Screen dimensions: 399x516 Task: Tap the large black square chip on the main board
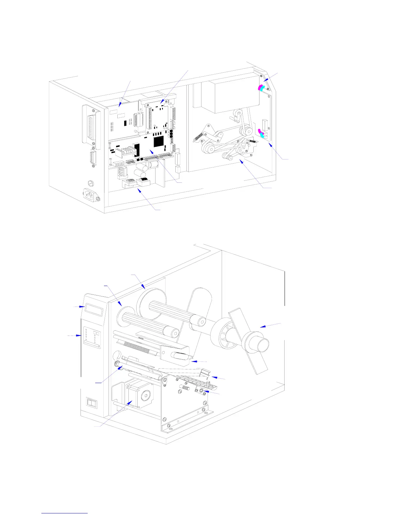point(159,141)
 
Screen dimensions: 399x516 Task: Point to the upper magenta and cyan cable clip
point(262,88)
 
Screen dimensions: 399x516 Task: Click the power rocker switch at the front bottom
point(92,404)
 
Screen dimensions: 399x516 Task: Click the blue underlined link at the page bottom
point(65,512)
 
